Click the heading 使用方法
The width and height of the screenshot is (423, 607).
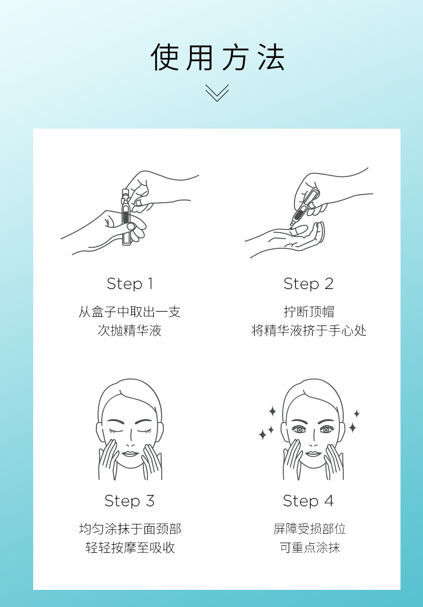tap(217, 58)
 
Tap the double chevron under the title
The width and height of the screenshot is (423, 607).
tap(217, 93)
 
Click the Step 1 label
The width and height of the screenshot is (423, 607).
tap(130, 284)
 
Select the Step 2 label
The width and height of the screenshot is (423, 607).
tap(308, 284)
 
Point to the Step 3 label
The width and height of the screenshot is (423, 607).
tap(130, 501)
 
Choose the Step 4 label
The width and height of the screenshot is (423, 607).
tap(308, 501)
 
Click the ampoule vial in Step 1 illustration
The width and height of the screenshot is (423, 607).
tap(126, 217)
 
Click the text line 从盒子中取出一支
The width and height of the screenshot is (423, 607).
tap(130, 312)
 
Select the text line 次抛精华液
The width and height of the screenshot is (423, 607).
tap(130, 331)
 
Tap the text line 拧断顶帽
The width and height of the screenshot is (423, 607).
tap(308, 312)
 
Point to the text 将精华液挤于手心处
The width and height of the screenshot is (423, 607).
tap(308, 331)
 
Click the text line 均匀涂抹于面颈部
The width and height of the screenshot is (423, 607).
tap(130, 529)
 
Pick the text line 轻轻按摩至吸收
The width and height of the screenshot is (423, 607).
tap(130, 548)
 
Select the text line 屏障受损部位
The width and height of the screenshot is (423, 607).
tap(309, 529)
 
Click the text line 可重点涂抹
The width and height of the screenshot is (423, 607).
tap(309, 548)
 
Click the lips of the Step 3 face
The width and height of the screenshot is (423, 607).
tap(130, 454)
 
